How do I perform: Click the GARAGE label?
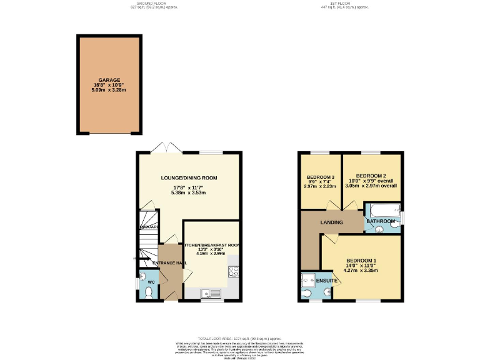click(109, 80)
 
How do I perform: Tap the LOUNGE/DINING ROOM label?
click(188, 178)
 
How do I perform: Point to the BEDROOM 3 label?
click(319, 176)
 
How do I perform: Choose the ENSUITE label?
click(327, 281)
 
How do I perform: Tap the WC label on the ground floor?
click(151, 282)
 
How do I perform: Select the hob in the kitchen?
click(234, 271)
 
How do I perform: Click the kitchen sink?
click(211, 292)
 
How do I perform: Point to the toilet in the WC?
click(147, 292)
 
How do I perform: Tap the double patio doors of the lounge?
click(166, 147)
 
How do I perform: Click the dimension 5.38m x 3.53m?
click(188, 192)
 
